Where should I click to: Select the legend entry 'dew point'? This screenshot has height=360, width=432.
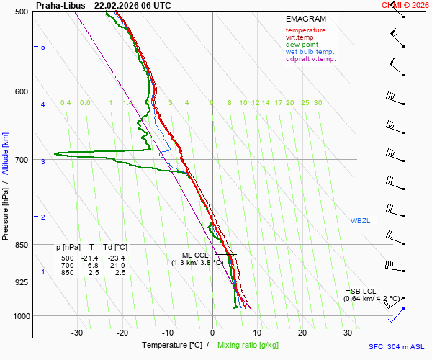tap(303, 45)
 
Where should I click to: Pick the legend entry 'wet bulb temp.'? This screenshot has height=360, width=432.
tap(310, 52)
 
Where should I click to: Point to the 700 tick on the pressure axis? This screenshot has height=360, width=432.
tap(21, 159)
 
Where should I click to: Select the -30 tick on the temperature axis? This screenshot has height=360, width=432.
tap(77, 333)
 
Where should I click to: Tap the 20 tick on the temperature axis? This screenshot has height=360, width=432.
tap(302, 333)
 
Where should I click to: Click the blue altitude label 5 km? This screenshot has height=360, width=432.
tap(43, 47)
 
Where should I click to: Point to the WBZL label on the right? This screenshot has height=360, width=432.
tap(360, 220)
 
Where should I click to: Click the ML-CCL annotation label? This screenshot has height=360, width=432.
tap(194, 255)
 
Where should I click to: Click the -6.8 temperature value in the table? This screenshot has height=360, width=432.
tap(91, 266)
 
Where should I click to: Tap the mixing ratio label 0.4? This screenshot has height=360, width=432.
tap(66, 103)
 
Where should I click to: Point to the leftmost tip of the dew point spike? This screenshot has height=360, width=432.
tap(54, 153)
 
